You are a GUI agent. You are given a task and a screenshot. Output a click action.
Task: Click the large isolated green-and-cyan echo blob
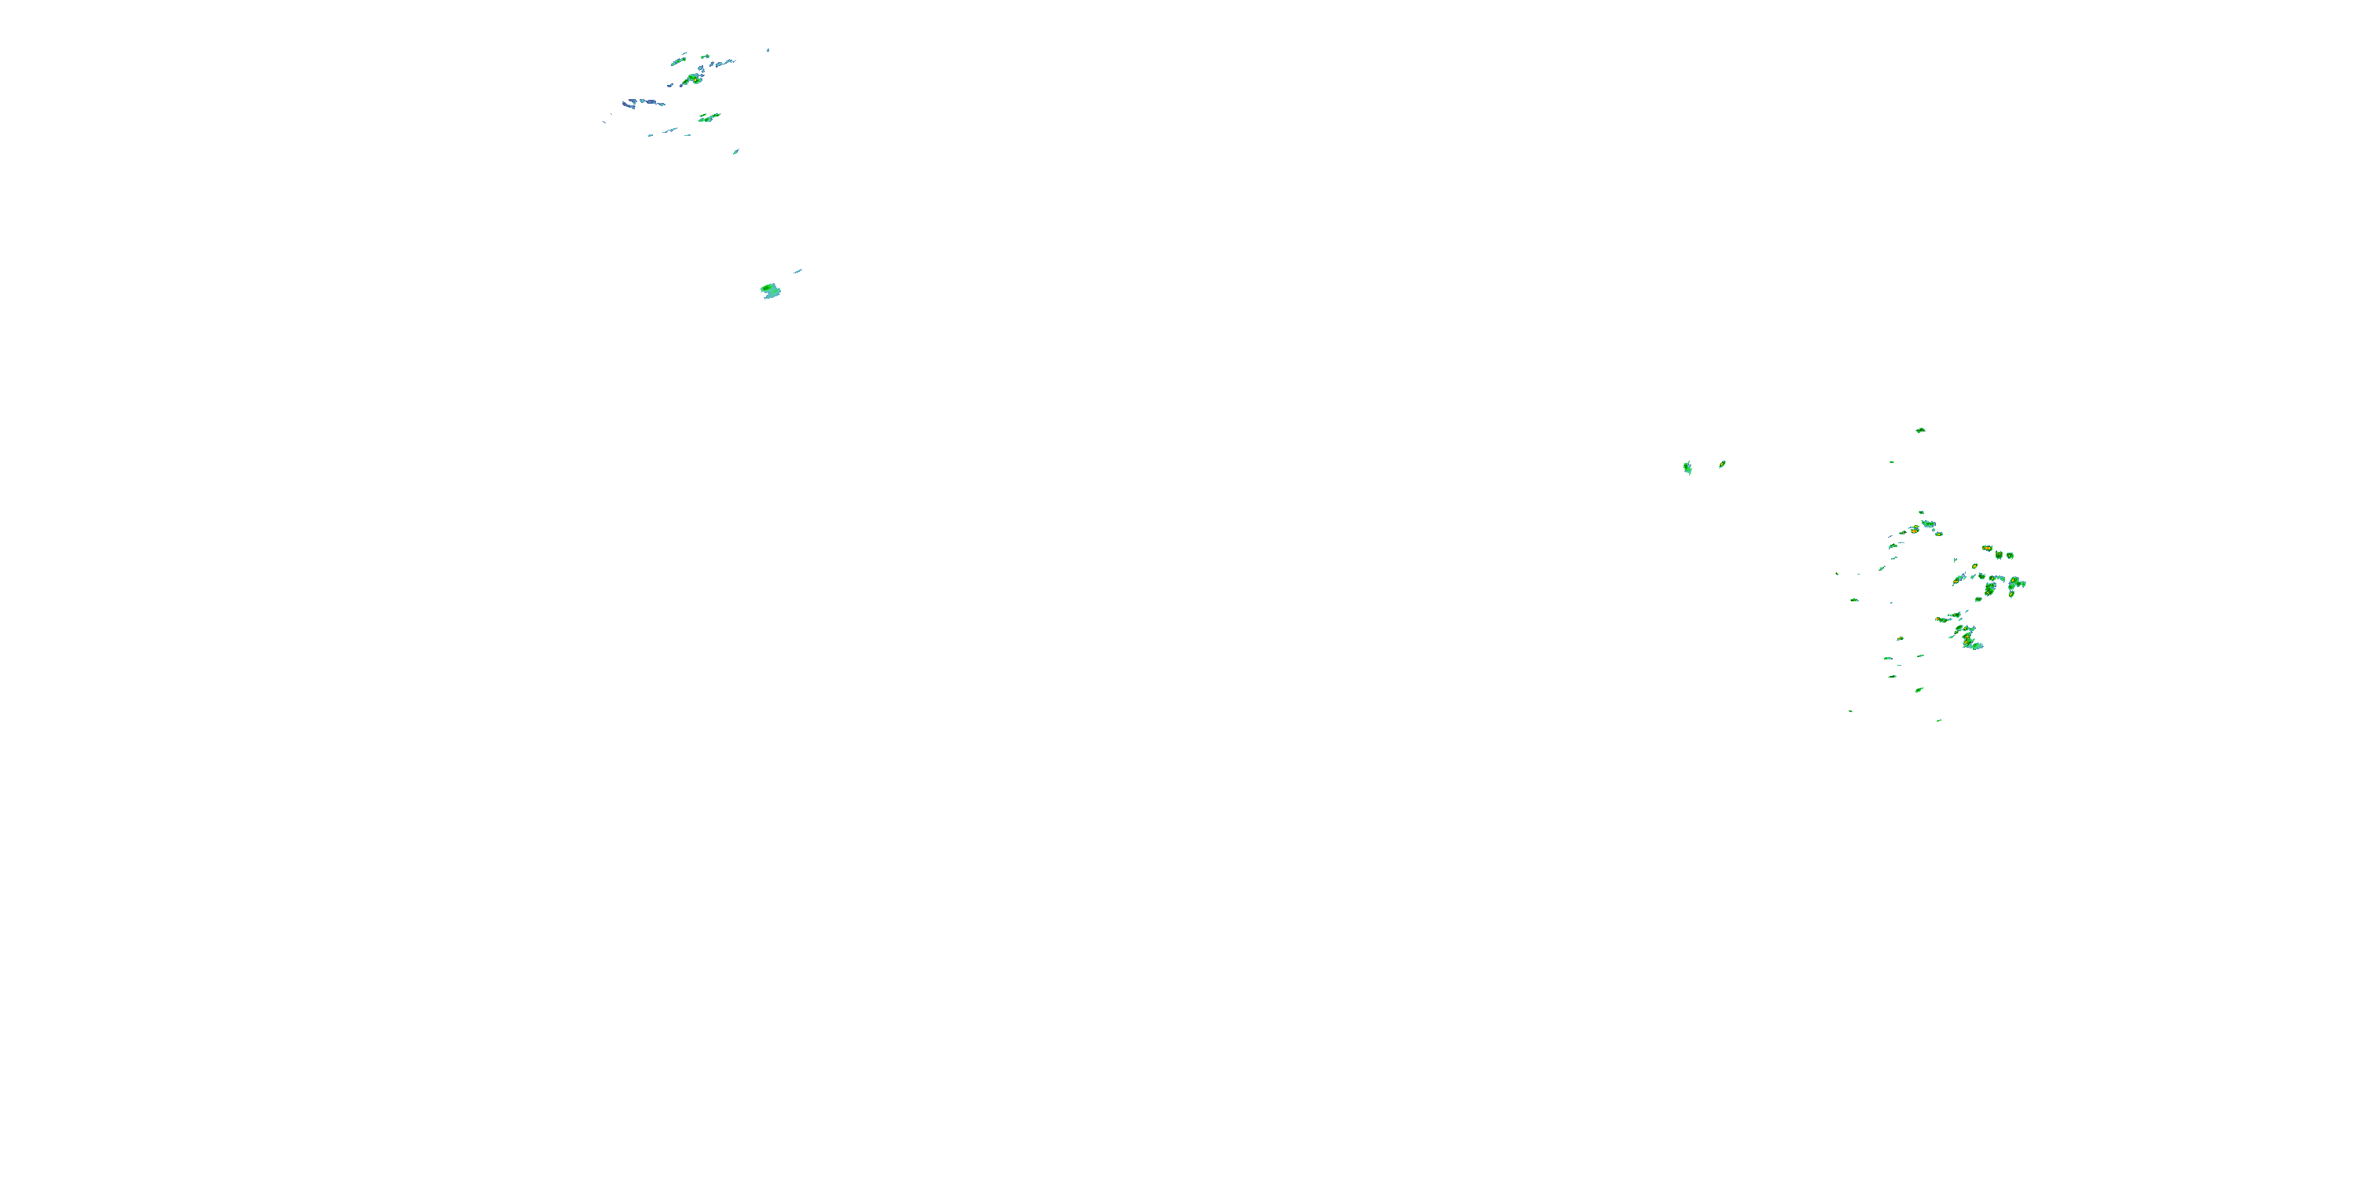click(x=771, y=291)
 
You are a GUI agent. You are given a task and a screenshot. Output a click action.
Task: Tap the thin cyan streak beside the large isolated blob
click(x=798, y=270)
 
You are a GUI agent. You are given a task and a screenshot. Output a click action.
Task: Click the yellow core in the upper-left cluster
click(x=695, y=79)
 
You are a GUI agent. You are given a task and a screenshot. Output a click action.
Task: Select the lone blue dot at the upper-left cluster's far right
click(x=768, y=50)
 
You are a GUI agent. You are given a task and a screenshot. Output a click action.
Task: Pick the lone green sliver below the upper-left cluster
click(x=735, y=151)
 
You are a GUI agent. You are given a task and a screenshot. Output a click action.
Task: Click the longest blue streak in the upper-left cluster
click(x=643, y=101)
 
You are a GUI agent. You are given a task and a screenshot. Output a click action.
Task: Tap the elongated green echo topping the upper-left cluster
click(x=678, y=61)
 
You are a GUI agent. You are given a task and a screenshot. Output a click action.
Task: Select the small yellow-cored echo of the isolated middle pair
click(x=1722, y=464)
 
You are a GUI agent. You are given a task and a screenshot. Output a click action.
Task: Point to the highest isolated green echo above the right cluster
click(x=1919, y=429)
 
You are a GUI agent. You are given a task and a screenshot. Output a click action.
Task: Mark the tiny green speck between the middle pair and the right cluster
click(x=1892, y=461)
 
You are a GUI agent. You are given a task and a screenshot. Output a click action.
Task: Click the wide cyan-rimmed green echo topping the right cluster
click(x=1929, y=523)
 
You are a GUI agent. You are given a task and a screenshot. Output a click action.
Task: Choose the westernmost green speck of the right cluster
click(x=1836, y=574)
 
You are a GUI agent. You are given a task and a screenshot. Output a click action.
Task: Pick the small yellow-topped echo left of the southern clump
click(x=1901, y=638)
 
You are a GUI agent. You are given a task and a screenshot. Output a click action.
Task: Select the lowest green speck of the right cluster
click(x=1939, y=721)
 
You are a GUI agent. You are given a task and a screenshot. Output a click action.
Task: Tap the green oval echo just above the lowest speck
click(x=1919, y=689)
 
